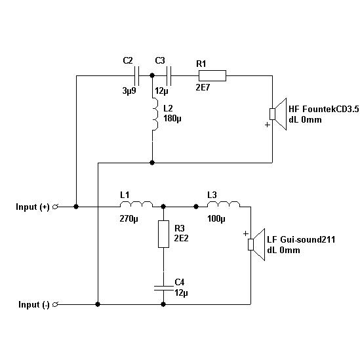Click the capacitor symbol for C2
pos(136,76)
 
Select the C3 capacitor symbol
pos(169,76)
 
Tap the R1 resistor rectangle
pos(212,76)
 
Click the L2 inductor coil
pos(155,114)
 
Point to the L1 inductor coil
pos(136,204)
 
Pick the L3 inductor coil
pos(224,204)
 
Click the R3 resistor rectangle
pos(163,234)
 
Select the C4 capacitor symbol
pos(163,288)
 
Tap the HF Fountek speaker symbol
pos(278,114)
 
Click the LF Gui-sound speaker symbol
pos(256,245)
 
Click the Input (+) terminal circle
pos(55,207)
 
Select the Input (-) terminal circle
pos(55,305)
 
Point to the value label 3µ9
pos(129,90)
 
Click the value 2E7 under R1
pos(203,87)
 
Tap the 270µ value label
pos(129,219)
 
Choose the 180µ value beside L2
pos(172,119)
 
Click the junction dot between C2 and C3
pos(151,75)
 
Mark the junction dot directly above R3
pos(163,207)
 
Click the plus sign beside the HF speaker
pos(268,125)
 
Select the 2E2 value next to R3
pos(181,238)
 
